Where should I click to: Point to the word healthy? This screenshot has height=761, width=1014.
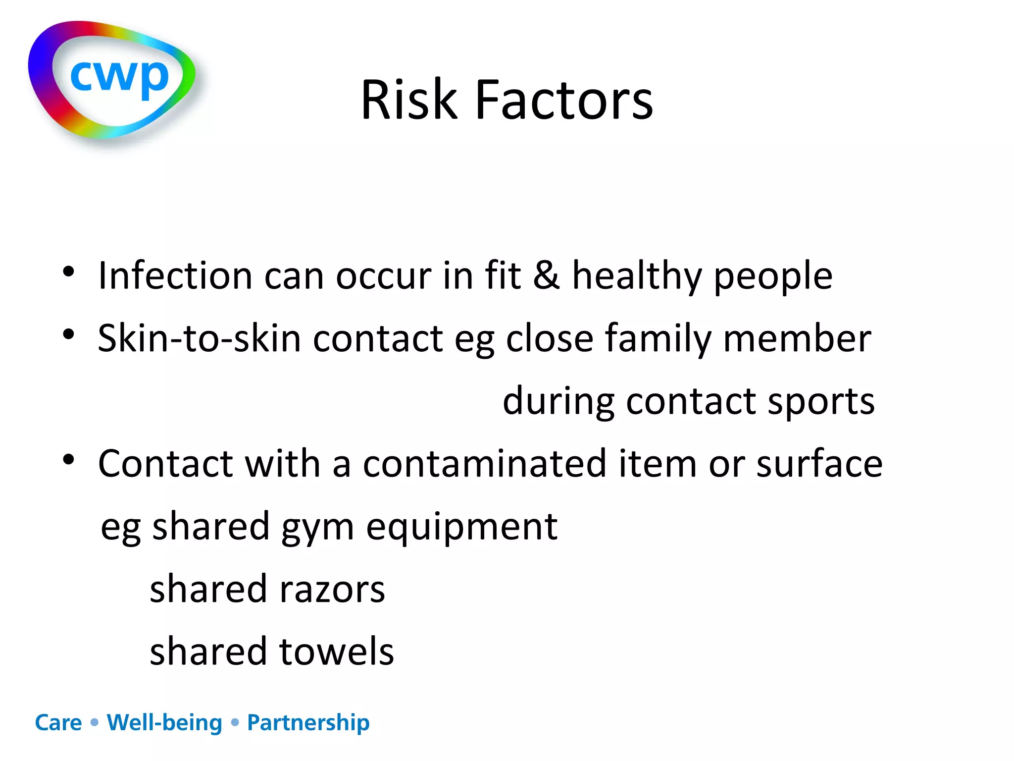637,276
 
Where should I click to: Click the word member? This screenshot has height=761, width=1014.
797,338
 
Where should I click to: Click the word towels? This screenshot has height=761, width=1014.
337,651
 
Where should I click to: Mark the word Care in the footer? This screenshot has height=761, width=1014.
58,723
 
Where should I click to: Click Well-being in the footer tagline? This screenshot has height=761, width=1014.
164,723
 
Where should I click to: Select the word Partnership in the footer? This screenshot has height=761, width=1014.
308,723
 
